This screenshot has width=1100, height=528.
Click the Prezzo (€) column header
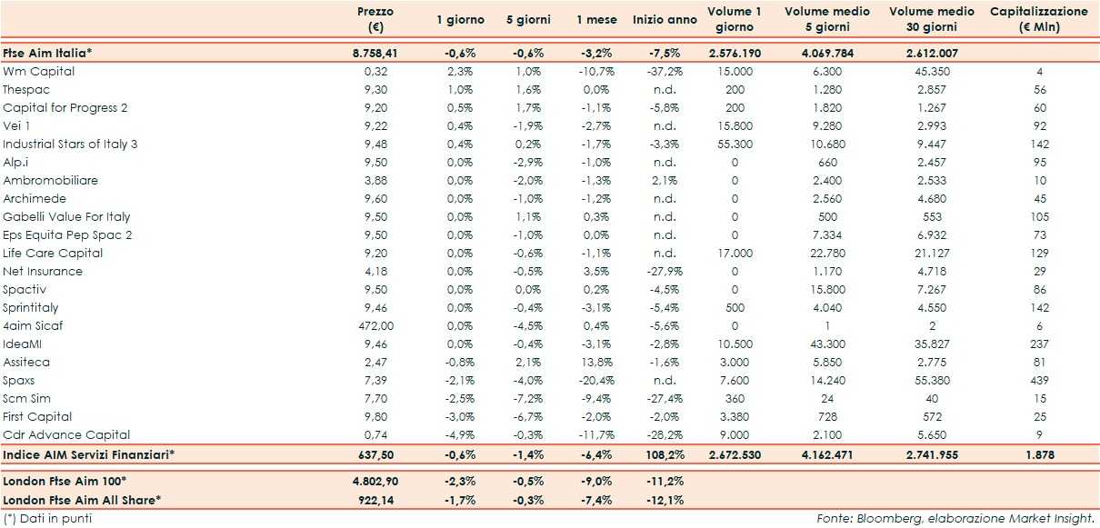click(x=375, y=19)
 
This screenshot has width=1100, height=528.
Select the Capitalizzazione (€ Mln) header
click(x=1038, y=19)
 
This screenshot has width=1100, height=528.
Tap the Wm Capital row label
click(x=38, y=71)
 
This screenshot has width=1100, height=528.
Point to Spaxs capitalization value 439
click(x=1039, y=380)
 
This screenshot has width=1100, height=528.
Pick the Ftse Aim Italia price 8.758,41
click(x=375, y=53)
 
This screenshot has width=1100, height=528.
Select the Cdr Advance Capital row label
click(x=66, y=434)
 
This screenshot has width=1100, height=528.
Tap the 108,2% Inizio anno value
click(x=661, y=453)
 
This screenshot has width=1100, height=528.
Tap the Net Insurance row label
click(x=43, y=271)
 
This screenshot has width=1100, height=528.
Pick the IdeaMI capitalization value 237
click(x=1039, y=344)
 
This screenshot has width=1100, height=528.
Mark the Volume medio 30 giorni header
click(x=932, y=19)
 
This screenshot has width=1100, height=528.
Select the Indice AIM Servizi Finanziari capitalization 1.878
click(x=1039, y=453)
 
